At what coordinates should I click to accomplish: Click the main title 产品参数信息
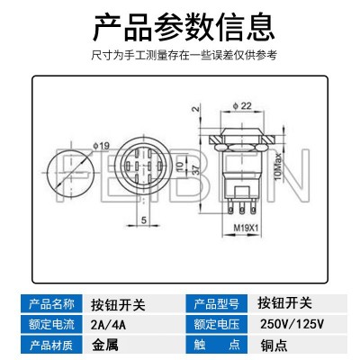(184, 27)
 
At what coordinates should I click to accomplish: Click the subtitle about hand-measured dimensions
(184, 56)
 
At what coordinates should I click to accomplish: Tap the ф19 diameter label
(102, 146)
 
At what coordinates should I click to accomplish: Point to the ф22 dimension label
(242, 105)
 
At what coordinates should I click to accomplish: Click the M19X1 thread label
(246, 228)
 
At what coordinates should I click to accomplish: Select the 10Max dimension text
(278, 166)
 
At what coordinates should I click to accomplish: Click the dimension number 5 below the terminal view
(144, 220)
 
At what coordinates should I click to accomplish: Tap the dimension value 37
(194, 170)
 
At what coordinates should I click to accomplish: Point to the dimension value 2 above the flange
(195, 108)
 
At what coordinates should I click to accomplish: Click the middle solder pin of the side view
(241, 207)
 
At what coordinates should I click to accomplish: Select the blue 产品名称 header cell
(51, 303)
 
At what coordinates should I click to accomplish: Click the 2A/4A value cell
(108, 325)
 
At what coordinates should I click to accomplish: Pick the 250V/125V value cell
(292, 324)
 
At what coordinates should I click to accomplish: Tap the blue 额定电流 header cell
(51, 324)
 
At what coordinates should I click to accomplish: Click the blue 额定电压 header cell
(216, 324)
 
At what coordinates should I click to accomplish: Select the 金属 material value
(105, 345)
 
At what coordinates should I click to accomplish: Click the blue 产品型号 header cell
(216, 303)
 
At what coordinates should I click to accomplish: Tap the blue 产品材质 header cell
(51, 345)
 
